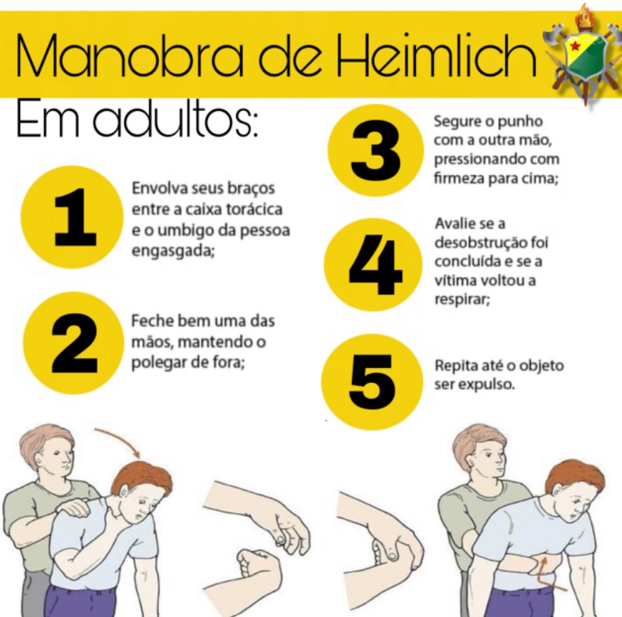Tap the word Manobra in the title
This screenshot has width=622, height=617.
click(x=130, y=56)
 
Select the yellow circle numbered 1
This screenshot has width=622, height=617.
click(x=72, y=217)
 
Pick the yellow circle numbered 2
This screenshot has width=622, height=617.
click(x=74, y=342)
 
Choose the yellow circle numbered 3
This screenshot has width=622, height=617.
click(x=375, y=150)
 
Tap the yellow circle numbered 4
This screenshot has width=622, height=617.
click(x=373, y=265)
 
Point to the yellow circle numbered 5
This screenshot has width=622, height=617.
click(x=372, y=382)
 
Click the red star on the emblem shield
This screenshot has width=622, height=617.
click(x=575, y=47)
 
